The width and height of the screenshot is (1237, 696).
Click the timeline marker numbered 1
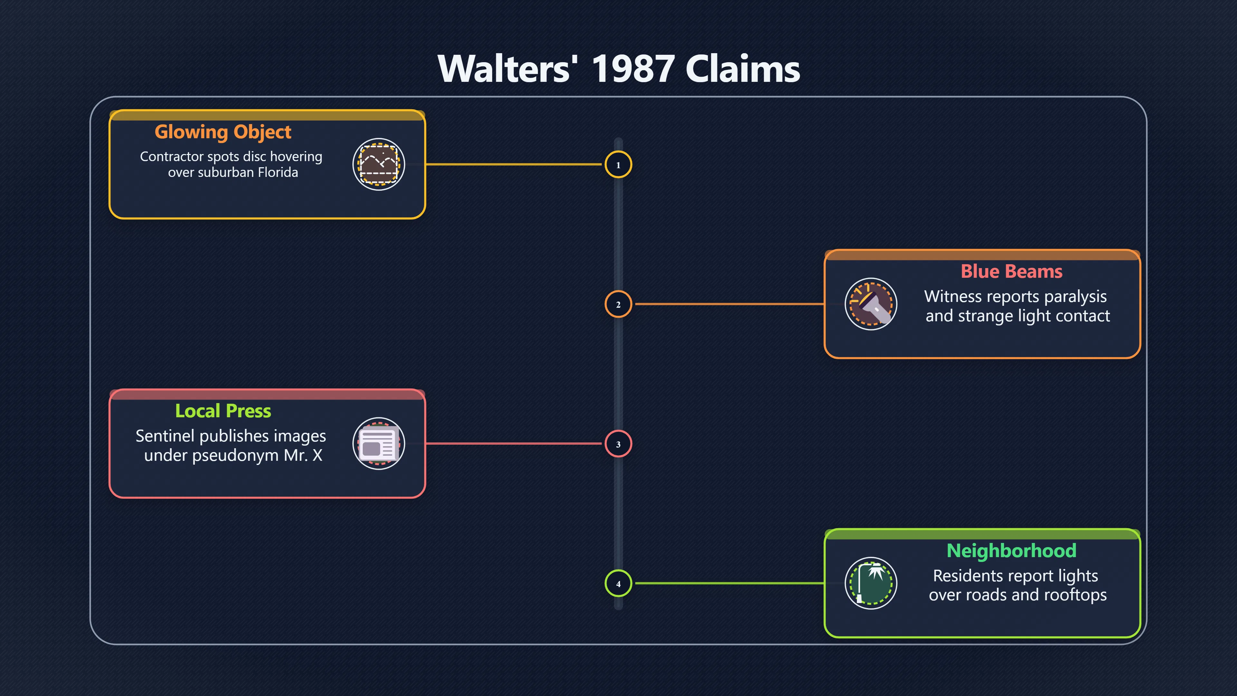pyautogui.click(x=618, y=165)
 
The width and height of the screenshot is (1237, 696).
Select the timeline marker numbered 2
pyautogui.click(x=618, y=304)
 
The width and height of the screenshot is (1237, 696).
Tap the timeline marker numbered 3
pyautogui.click(x=618, y=444)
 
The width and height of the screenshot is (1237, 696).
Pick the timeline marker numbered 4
pyautogui.click(x=618, y=583)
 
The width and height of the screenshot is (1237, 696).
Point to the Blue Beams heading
pyautogui.click(x=1011, y=271)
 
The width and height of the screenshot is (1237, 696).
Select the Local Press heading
pyautogui.click(x=223, y=411)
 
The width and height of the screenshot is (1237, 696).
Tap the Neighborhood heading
pyautogui.click(x=1011, y=550)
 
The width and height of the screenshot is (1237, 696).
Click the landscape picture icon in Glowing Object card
pyautogui.click(x=379, y=164)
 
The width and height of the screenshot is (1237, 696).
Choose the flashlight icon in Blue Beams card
pyautogui.click(x=871, y=304)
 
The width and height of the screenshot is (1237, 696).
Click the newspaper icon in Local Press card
pyautogui.click(x=379, y=443)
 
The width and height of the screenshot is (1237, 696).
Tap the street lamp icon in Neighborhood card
pyautogui.click(x=871, y=583)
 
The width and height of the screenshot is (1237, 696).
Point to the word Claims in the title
pyautogui.click(x=743, y=69)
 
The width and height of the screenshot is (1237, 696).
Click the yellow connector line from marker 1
pyautogui.click(x=514, y=164)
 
